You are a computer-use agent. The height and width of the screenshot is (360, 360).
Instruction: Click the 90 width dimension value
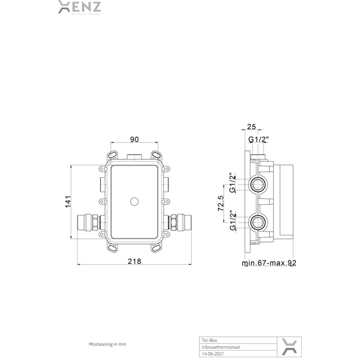(133, 140)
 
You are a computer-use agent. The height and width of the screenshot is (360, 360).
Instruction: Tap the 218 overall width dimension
(135, 261)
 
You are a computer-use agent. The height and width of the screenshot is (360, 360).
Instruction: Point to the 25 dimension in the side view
(251, 127)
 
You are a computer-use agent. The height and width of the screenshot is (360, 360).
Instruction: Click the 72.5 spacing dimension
(221, 203)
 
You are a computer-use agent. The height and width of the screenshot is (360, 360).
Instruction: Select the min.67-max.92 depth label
(269, 263)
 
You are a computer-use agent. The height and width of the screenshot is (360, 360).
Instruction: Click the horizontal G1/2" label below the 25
(258, 140)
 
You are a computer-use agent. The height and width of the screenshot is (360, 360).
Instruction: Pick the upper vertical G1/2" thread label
(233, 183)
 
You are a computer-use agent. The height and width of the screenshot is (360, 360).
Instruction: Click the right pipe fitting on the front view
(178, 222)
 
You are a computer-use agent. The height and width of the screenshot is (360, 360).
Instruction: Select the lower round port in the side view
(257, 224)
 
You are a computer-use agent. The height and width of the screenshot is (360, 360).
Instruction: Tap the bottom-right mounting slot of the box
(157, 249)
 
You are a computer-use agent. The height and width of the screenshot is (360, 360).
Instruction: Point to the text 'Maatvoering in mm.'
(108, 344)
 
